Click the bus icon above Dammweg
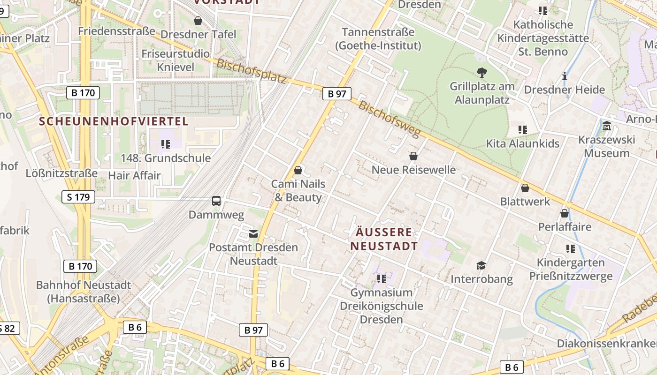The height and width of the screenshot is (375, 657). [x=216, y=201]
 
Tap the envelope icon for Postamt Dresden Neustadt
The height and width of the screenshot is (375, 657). [x=253, y=233]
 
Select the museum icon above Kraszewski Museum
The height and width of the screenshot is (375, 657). [x=607, y=126]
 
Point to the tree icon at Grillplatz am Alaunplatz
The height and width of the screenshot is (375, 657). [x=481, y=72]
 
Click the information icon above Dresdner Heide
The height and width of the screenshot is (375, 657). [x=565, y=76]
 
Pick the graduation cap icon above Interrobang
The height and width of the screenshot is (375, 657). [x=481, y=265]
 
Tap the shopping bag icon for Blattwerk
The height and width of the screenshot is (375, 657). [x=525, y=188]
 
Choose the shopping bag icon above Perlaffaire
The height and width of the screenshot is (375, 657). [x=565, y=213]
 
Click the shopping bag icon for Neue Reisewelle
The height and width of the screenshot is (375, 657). [x=413, y=156]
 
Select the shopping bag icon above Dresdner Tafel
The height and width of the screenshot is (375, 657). [x=198, y=21]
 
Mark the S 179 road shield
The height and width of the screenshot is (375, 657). [x=78, y=197]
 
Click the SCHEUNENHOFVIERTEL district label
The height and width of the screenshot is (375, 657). [x=114, y=121]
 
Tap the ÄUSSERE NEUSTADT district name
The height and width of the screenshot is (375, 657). [x=384, y=239]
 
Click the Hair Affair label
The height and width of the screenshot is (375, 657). [x=134, y=176]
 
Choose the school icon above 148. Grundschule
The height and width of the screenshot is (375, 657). [x=165, y=144]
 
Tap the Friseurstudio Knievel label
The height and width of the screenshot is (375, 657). [x=176, y=60]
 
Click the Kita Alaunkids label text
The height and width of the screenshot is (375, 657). [x=523, y=143]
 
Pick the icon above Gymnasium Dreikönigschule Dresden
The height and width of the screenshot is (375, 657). [x=382, y=279]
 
